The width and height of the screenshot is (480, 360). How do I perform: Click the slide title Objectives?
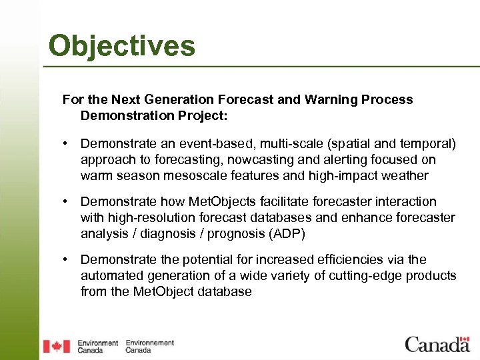[122, 46]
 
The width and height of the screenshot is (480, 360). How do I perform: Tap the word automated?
[109, 275]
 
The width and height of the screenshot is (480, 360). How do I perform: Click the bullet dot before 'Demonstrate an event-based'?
[67, 143]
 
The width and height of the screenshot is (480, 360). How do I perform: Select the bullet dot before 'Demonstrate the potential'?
[67, 259]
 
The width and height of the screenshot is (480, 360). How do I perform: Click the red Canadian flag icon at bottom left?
[57, 346]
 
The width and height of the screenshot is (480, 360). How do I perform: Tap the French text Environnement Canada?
[149, 346]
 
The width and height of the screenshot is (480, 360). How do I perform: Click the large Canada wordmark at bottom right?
[437, 344]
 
